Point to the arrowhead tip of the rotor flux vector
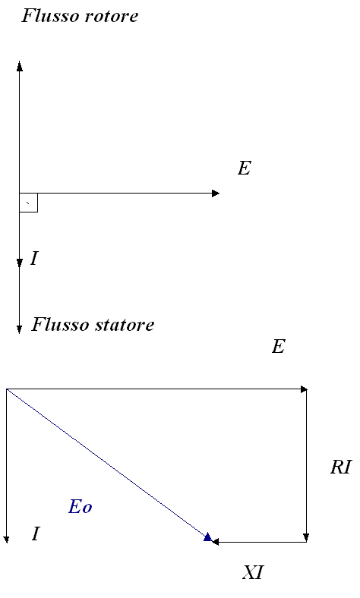(20, 61)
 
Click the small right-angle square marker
(28, 203)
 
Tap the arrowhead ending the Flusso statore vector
(20, 333)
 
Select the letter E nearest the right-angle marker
(245, 168)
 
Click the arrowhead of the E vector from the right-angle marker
(219, 194)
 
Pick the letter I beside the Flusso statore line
(34, 259)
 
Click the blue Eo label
(81, 507)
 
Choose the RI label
(340, 467)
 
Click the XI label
(253, 572)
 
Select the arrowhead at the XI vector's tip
(213, 542)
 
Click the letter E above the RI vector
(278, 347)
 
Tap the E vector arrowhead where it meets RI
(307, 389)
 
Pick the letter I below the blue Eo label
(36, 533)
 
